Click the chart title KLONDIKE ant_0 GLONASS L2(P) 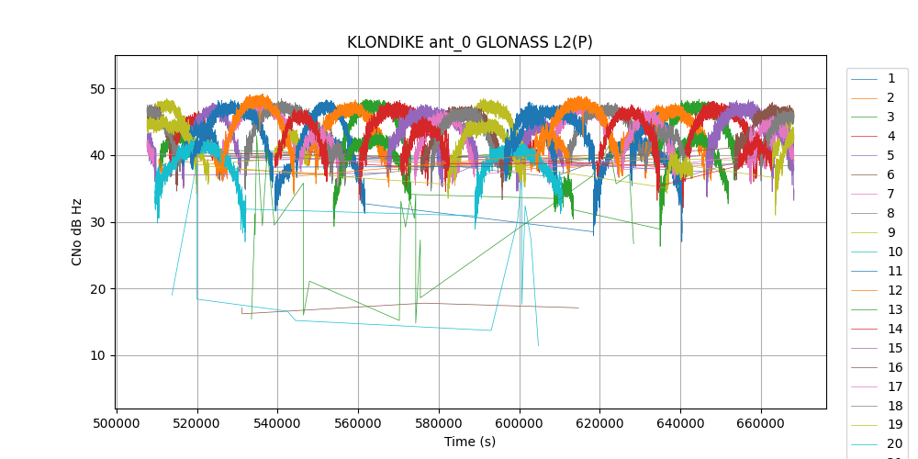coord(469,42)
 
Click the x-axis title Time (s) coord(470,442)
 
